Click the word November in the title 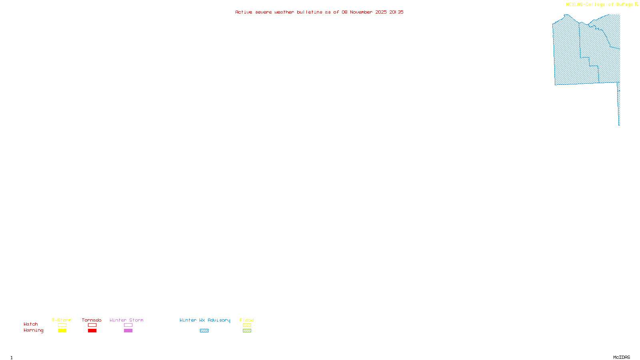(361, 12)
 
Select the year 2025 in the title (381, 12)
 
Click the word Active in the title (244, 12)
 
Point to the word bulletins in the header (310, 12)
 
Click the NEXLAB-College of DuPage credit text (599, 4)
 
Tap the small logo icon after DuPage (636, 4)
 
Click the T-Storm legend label (62, 320)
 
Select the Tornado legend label (92, 320)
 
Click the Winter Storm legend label (126, 320)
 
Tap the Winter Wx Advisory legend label (205, 320)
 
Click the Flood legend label (247, 320)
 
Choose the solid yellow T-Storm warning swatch (62, 331)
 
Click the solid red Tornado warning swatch (92, 331)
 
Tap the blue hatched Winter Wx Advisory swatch (204, 331)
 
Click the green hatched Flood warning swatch (247, 331)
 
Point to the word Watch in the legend (31, 324)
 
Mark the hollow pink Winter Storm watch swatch (128, 325)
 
